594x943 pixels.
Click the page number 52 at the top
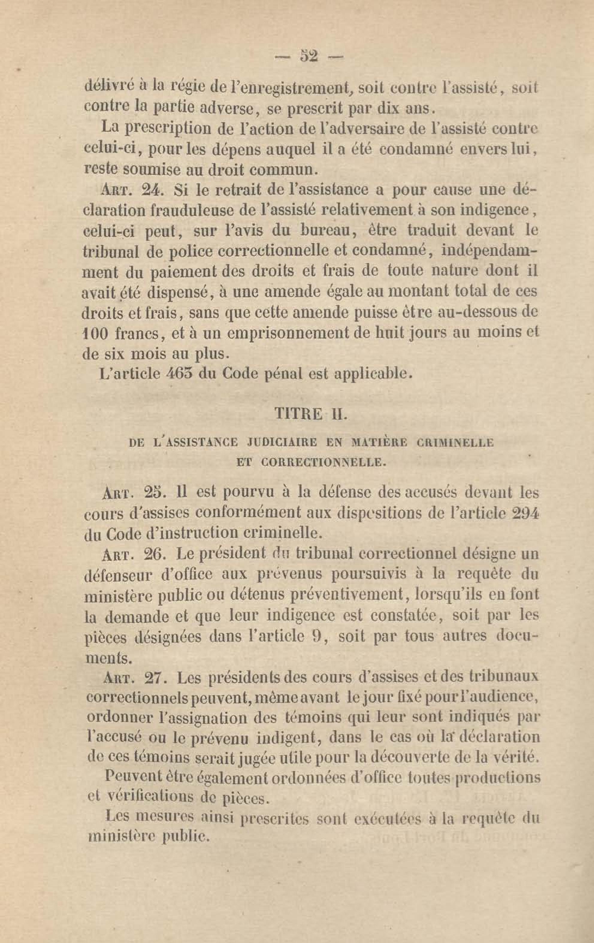(310, 57)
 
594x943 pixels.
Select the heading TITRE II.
(311, 414)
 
